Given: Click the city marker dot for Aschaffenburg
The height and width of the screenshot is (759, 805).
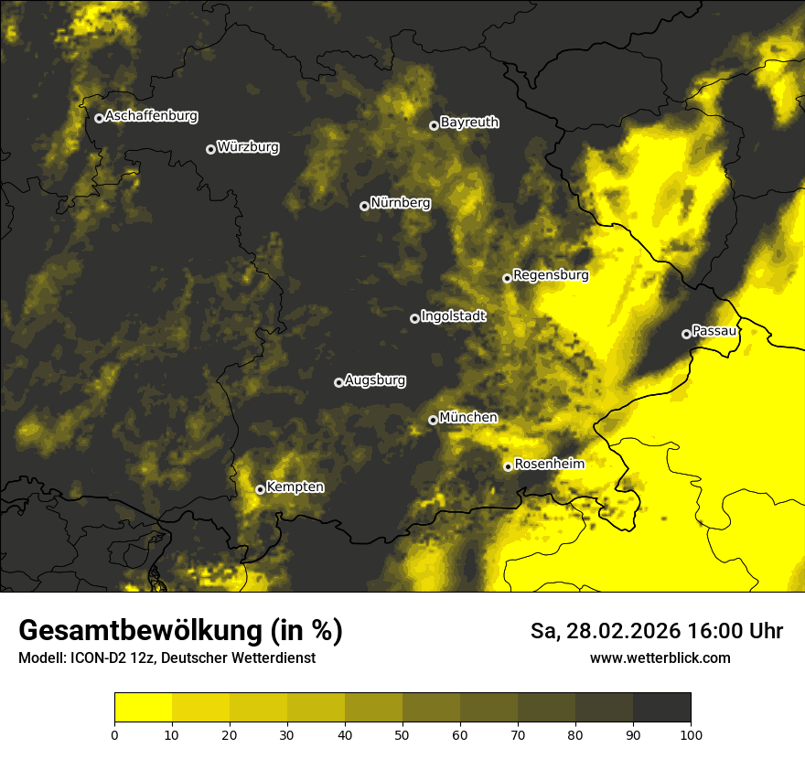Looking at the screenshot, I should pyautogui.click(x=99, y=118).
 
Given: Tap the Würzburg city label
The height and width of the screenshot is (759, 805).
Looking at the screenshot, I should pyautogui.click(x=248, y=147).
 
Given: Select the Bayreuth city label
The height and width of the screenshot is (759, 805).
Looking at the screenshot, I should pyautogui.click(x=469, y=123).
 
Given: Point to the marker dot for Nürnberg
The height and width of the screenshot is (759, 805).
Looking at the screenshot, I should pyautogui.click(x=364, y=206).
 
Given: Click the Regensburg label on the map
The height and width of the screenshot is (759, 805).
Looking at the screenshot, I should pyautogui.click(x=551, y=275).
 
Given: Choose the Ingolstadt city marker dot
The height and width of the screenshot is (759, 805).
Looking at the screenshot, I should pyautogui.click(x=414, y=318).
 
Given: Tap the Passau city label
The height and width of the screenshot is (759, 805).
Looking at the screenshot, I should pyautogui.click(x=714, y=331).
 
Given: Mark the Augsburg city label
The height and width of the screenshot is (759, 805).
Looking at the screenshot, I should pyautogui.click(x=375, y=380).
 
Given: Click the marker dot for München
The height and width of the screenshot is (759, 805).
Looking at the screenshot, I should pyautogui.click(x=433, y=421).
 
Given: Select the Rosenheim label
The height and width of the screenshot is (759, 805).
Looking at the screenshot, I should pyautogui.click(x=549, y=465).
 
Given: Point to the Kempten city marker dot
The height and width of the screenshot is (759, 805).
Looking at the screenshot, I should pyautogui.click(x=260, y=489).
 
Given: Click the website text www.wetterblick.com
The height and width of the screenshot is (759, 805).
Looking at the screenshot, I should pyautogui.click(x=660, y=658).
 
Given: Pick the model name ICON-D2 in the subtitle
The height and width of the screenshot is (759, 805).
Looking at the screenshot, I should pyautogui.click(x=94, y=658).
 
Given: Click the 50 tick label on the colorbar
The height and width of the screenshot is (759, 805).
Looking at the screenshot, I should pyautogui.click(x=402, y=734).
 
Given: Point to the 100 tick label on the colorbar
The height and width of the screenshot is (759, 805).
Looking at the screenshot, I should pyautogui.click(x=691, y=734).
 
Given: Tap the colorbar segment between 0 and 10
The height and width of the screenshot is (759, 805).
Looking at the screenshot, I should pyautogui.click(x=143, y=708).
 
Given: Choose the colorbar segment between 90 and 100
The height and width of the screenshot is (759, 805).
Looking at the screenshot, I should pyautogui.click(x=661, y=708).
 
